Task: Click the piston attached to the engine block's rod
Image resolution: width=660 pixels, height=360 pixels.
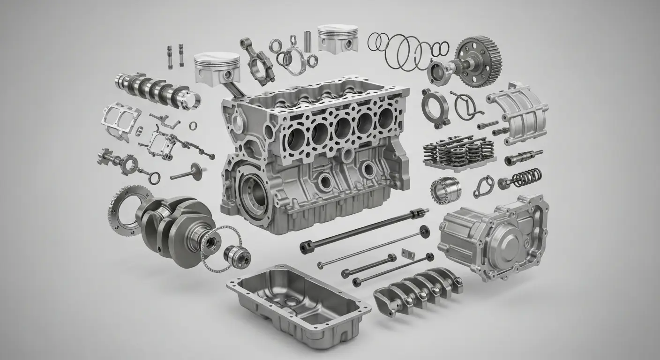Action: pyautogui.click(x=217, y=68)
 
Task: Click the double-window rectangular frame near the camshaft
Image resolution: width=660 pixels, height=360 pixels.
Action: pyautogui.click(x=121, y=117)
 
